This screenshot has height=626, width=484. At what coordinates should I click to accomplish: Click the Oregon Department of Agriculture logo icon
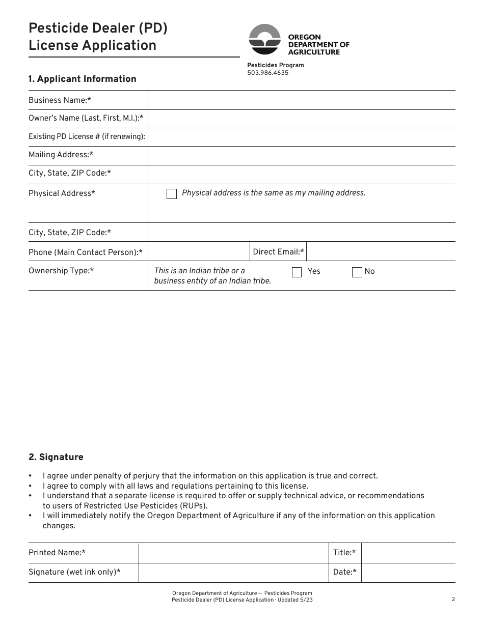[x=264, y=40]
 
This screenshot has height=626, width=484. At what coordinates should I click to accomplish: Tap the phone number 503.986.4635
[x=267, y=73]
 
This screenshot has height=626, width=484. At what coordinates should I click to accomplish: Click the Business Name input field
[x=302, y=100]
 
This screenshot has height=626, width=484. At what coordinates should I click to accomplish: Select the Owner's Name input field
[x=302, y=119]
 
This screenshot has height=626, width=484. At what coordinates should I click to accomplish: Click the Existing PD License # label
[x=87, y=136]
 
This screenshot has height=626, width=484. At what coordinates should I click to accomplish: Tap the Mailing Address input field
[x=302, y=155]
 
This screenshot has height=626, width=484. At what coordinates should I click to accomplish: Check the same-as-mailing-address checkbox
[x=172, y=194]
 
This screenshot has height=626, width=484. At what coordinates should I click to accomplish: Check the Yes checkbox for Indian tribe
[x=297, y=272]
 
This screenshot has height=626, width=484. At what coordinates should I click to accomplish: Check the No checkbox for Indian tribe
[x=357, y=272]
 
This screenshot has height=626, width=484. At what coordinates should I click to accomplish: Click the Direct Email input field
[x=381, y=252]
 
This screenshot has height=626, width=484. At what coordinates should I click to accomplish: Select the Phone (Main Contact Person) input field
[x=199, y=252]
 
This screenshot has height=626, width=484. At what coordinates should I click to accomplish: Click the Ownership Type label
[x=61, y=271]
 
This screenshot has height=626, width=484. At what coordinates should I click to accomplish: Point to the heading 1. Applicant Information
[x=83, y=79]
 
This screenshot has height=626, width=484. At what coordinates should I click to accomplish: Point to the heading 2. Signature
[x=56, y=457]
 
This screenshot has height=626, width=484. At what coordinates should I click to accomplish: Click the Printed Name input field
[x=233, y=553]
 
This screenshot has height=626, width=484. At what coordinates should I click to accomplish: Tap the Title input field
[x=408, y=553]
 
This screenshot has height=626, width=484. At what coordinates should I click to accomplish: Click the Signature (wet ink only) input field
[x=233, y=573]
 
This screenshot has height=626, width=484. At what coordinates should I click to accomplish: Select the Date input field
[x=408, y=573]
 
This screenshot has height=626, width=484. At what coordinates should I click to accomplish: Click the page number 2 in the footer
[x=453, y=600]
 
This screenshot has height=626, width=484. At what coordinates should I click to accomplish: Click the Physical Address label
[x=62, y=193]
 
